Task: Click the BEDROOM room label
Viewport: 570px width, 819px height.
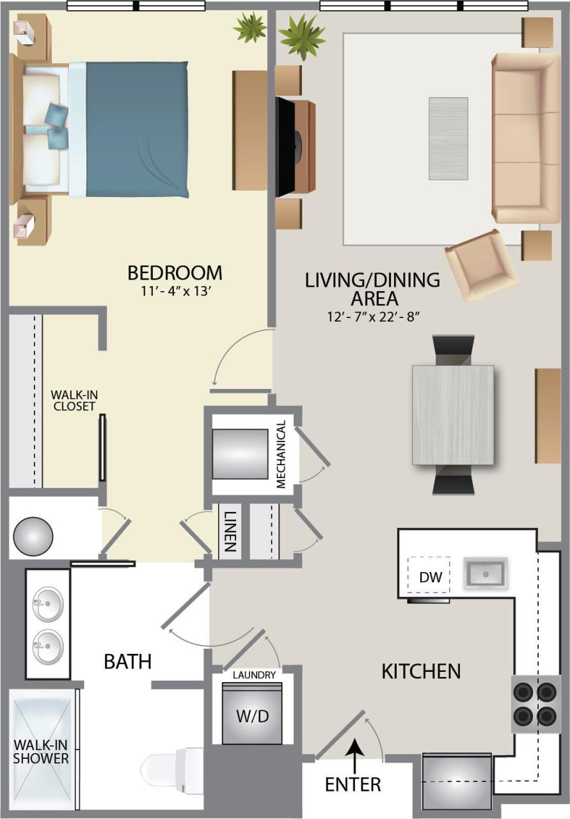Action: coord(175,273)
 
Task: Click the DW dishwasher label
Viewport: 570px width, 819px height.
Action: coord(431,576)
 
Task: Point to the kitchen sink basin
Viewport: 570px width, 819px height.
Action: coord(486,571)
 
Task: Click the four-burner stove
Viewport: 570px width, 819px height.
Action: coord(535,703)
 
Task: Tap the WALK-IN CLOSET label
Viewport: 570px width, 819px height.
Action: coord(73,401)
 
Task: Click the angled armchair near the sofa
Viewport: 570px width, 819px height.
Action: coord(481,264)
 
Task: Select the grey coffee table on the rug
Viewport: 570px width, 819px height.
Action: coord(448,138)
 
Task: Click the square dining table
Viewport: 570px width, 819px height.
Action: coord(453,414)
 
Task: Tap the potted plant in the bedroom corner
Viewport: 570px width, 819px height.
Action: coord(249,28)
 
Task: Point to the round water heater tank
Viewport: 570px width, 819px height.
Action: coord(33,536)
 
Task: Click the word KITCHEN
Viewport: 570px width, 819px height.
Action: coord(421,671)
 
